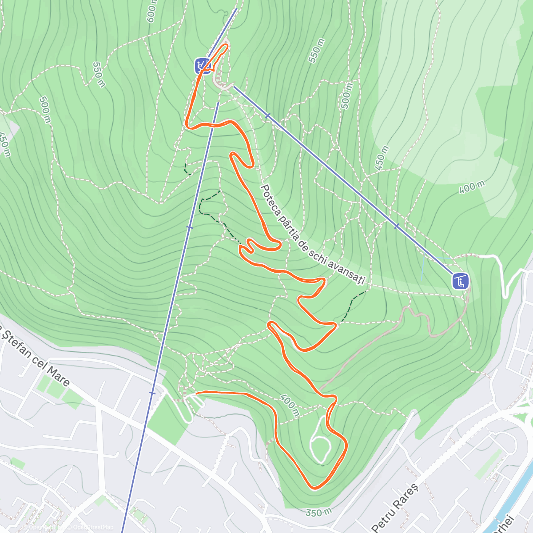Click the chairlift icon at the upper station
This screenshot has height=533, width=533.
pyautogui.click(x=202, y=65)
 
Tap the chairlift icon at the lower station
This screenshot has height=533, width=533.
pyautogui.click(x=461, y=281)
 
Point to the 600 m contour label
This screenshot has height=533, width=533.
pyautogui.click(x=151, y=11)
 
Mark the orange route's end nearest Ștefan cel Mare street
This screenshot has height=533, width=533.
pyautogui.click(x=196, y=392)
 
